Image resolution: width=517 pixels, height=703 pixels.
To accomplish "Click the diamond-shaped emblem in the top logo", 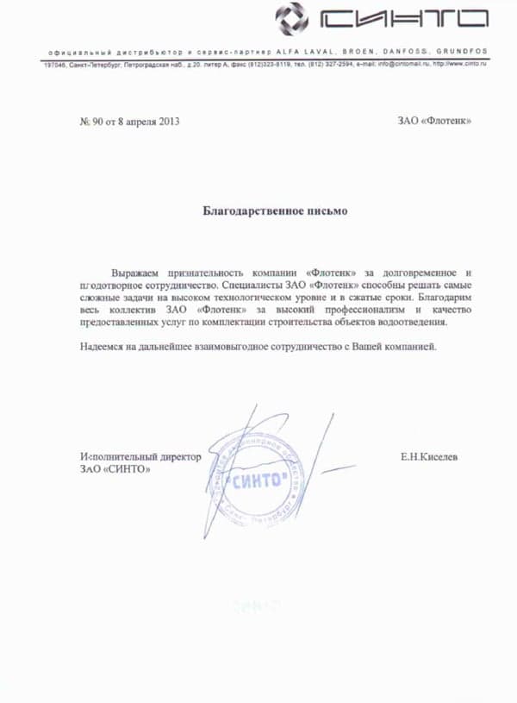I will [291, 17].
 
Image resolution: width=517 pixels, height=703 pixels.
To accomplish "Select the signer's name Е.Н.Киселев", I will [428, 456].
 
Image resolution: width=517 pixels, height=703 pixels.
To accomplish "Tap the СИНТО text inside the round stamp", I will [258, 481].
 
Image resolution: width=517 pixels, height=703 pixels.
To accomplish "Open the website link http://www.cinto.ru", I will [459, 65].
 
